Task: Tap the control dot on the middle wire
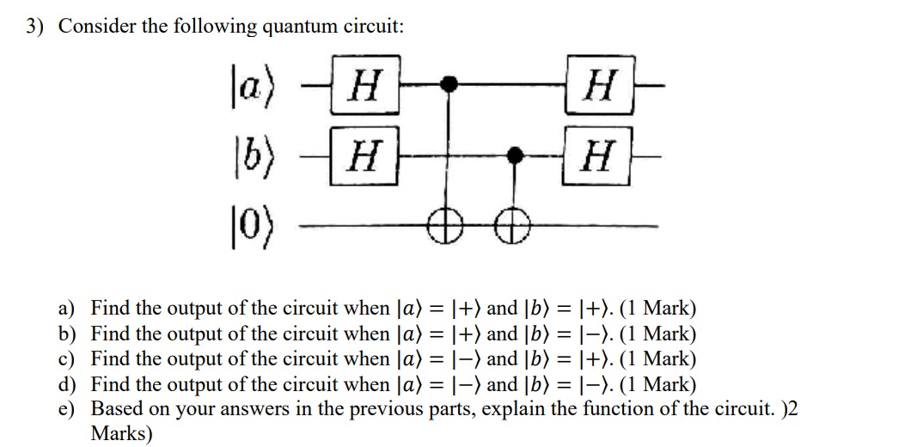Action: click(515, 155)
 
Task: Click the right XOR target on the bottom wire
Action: click(515, 226)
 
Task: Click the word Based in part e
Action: click(114, 408)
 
